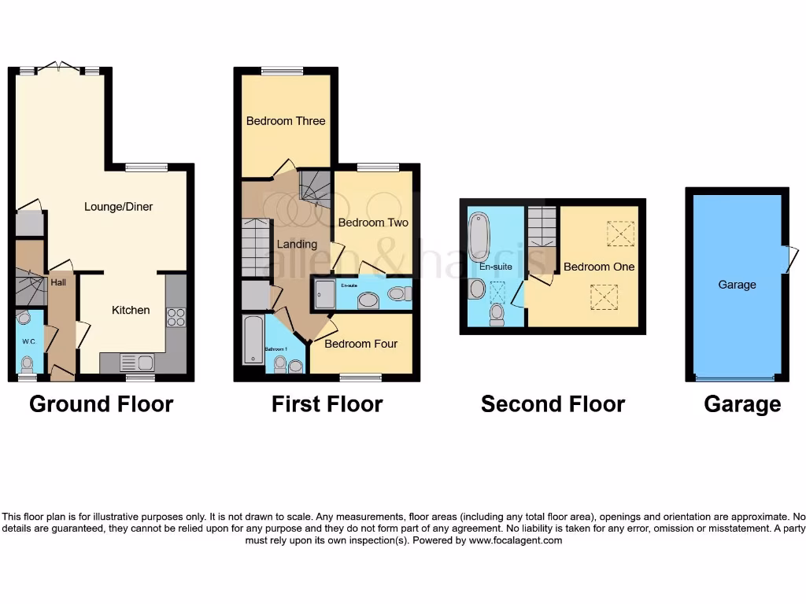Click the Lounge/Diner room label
click(118, 207)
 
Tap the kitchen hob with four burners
click(176, 317)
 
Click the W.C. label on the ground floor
click(29, 341)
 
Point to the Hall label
click(58, 282)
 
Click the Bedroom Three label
click(286, 121)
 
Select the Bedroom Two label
click(373, 223)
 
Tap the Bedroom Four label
click(360, 344)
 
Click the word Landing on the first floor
click(297, 245)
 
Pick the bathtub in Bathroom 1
click(253, 340)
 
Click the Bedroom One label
click(598, 267)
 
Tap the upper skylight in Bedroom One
click(620, 234)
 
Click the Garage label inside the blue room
click(737, 285)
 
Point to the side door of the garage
click(791, 260)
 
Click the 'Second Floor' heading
click(553, 404)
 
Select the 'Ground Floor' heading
click(101, 404)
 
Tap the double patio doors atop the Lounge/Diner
click(59, 68)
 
